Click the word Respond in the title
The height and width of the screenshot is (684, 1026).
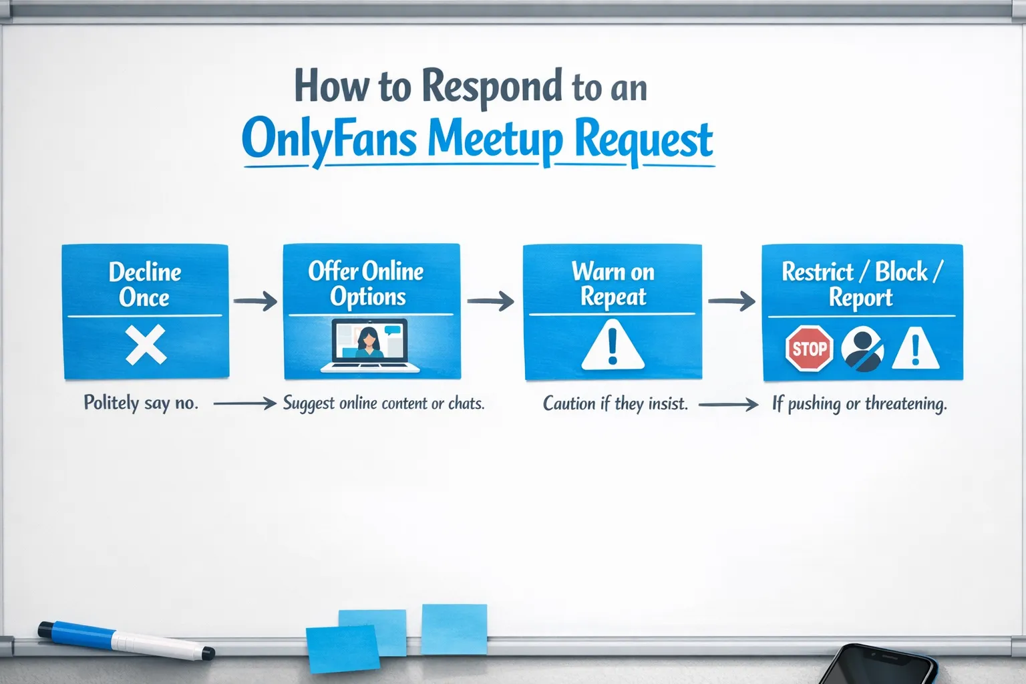pyautogui.click(x=492, y=88)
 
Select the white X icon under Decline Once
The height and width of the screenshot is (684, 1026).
pyautogui.click(x=146, y=345)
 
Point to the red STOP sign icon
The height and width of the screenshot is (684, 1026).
pyautogui.click(x=809, y=348)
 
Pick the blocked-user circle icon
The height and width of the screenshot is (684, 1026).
pyautogui.click(x=862, y=349)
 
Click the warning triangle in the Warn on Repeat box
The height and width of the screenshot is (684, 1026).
pyautogui.click(x=613, y=345)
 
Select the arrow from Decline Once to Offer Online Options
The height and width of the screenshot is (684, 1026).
pyautogui.click(x=255, y=301)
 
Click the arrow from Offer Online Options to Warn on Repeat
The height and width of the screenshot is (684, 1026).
pyautogui.click(x=490, y=301)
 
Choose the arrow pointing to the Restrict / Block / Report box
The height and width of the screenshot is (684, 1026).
pyautogui.click(x=731, y=301)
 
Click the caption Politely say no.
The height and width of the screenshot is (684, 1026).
pyautogui.click(x=141, y=403)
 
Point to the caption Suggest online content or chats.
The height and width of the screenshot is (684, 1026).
pyautogui.click(x=383, y=403)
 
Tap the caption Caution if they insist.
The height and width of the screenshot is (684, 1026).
pyautogui.click(x=615, y=403)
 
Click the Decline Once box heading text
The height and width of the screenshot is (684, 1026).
pyautogui.click(x=145, y=284)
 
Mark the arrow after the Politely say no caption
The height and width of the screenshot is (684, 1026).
pyautogui.click(x=244, y=403)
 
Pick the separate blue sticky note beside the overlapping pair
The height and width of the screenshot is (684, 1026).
pyautogui.click(x=454, y=629)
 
